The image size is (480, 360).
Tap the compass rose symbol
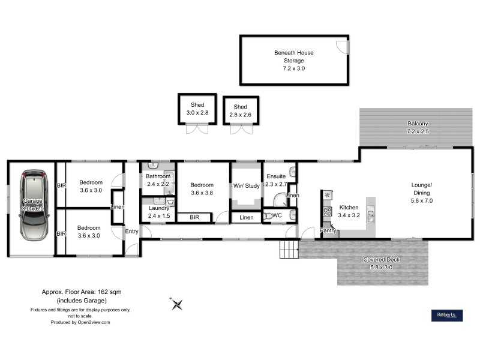point(177,305)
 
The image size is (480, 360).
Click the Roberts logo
point(448,316)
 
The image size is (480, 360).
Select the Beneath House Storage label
point(294,61)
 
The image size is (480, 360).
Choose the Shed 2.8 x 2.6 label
point(240,111)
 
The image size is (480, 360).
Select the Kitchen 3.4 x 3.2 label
point(349,211)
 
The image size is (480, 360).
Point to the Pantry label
point(328,230)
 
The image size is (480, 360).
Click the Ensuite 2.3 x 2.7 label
point(277,181)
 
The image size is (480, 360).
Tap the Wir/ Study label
point(247,186)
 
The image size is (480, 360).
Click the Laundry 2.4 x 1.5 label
point(158,212)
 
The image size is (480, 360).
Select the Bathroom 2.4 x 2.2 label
point(158,181)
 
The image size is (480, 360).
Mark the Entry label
point(131,231)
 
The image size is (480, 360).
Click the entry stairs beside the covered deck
point(289,249)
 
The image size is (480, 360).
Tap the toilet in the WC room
point(268,216)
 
